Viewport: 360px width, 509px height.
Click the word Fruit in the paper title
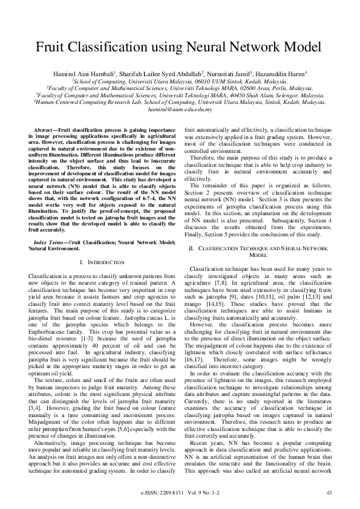tap(56, 47)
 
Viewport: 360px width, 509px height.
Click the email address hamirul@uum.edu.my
tap(179, 109)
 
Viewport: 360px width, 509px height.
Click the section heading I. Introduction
tap(102, 263)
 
